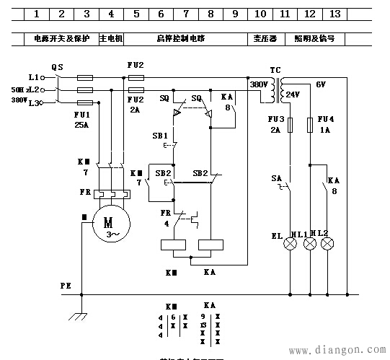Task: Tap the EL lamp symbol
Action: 291,245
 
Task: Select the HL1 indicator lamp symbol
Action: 311,245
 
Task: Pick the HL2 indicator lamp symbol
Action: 328,245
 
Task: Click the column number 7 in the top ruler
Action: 185,14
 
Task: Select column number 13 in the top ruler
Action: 334,14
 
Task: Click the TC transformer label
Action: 275,71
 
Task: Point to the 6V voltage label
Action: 322,84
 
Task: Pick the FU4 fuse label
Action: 326,118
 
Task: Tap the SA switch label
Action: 276,177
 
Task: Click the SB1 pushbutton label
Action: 159,135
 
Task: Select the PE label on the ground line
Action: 66,286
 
